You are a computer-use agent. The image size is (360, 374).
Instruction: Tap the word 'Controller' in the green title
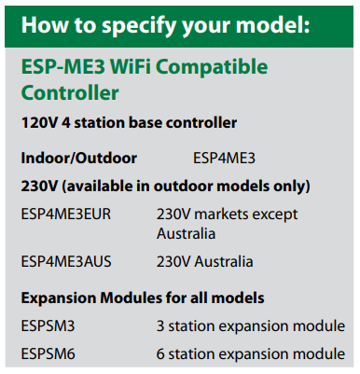click(69, 93)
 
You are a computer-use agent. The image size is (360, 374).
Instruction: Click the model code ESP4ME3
click(224, 159)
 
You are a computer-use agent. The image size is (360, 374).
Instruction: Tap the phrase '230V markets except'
click(228, 215)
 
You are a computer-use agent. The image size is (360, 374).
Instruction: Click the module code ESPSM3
click(48, 327)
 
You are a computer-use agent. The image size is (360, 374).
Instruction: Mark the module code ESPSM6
click(48, 354)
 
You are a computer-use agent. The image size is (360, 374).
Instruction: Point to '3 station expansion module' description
click(250, 327)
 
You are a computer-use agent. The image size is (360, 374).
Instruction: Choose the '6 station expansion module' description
click(250, 354)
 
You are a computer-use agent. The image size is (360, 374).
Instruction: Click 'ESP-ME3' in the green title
click(57, 68)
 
